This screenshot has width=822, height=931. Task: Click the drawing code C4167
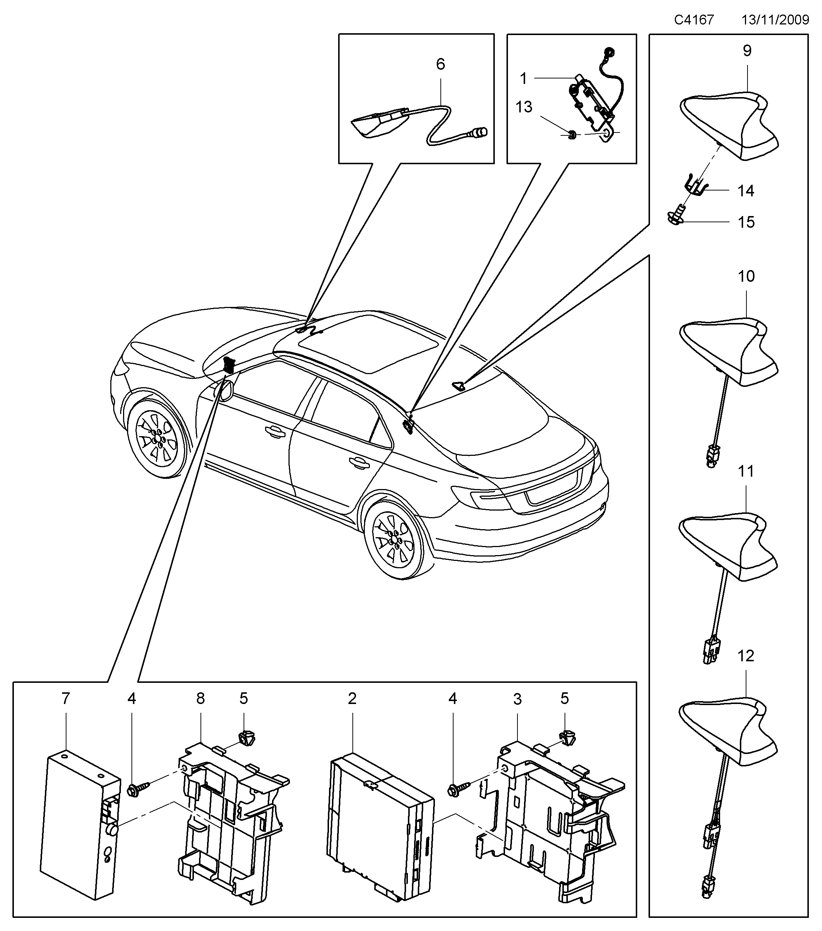(x=693, y=20)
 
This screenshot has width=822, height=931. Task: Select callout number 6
(x=440, y=64)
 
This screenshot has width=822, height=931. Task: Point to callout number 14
(x=746, y=191)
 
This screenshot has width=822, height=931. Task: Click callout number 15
(x=746, y=222)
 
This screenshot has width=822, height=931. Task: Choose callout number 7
(x=66, y=698)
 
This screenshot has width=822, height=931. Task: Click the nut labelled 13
(x=571, y=134)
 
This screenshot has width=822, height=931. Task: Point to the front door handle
(x=274, y=430)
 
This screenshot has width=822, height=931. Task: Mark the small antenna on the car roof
(x=459, y=386)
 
